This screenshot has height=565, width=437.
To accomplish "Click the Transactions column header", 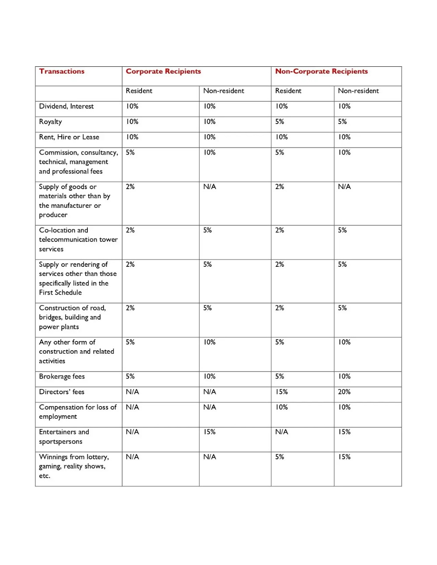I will coord(62,71).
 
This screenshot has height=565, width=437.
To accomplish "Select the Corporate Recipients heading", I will coord(163,71).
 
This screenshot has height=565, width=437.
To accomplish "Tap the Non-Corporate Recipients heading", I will coord(321,71).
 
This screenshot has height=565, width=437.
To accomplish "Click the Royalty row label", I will coord(50,122).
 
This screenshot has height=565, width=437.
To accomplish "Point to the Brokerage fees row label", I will coord(62,376).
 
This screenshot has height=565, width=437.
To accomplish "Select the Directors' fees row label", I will coord(62,392).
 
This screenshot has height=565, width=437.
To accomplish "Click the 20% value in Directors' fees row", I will coord(344,392).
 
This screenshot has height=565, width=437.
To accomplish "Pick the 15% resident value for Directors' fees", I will coord(281,392).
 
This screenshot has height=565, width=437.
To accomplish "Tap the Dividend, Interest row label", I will coord(66,106).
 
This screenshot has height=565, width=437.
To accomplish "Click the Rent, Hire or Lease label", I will coord(69,137).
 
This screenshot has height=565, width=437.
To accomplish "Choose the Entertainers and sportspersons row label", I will coord(64,437).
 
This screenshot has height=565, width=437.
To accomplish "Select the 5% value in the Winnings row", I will coord(280,457).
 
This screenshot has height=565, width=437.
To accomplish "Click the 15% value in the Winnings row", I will coord(344,457).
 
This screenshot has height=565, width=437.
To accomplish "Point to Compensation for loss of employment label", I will coord(77,412).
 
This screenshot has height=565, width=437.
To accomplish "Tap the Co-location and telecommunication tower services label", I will coord(78,239).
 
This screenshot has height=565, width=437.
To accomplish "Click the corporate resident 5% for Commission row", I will coord(130,152).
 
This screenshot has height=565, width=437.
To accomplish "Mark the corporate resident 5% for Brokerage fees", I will coord(130,376).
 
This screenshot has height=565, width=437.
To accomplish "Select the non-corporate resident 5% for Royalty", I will coord(280,122).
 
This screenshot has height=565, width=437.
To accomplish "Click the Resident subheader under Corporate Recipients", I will coord(139,91).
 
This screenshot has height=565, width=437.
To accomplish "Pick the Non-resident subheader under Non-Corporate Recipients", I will coord(358,91).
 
